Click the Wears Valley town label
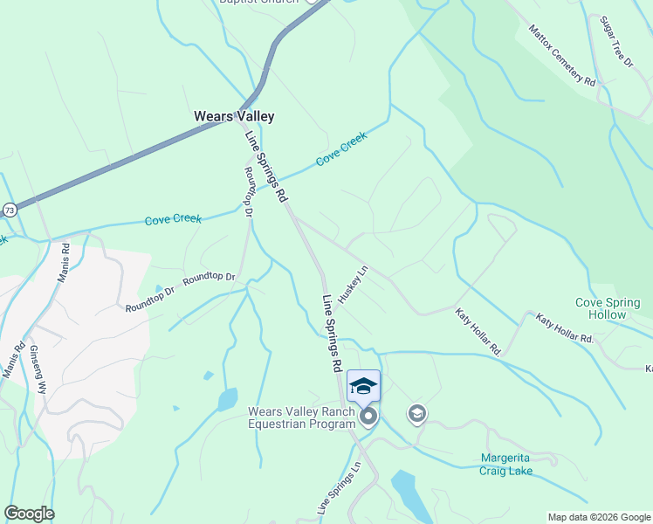point(233,116)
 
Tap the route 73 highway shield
point(10,210)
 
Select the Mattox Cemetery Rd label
point(561,55)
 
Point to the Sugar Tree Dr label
point(615,41)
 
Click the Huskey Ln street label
point(354,286)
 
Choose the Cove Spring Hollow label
point(607,308)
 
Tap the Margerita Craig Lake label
point(506,465)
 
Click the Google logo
point(29,514)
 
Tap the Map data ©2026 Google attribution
point(598,517)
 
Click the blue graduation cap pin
point(363,386)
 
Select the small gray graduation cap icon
point(417,413)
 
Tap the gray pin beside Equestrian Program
point(368,417)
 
